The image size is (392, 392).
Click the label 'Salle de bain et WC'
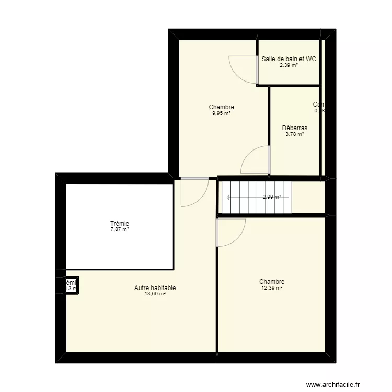289,59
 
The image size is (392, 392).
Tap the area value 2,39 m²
289,65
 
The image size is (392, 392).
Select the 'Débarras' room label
294,128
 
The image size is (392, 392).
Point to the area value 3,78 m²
294,134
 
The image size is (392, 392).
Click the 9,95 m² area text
221,113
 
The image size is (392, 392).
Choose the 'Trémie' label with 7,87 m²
120,223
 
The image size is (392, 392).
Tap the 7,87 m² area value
120,229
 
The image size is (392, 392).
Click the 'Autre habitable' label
155,288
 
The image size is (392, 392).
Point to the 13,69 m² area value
155,294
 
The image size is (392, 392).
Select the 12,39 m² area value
272,288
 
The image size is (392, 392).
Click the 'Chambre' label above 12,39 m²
272,282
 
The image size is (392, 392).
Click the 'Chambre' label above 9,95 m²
221,107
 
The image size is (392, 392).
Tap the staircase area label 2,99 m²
272,197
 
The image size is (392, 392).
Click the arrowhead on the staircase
228,198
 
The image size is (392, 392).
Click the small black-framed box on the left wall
72,285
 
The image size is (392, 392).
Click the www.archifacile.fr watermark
333,384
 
